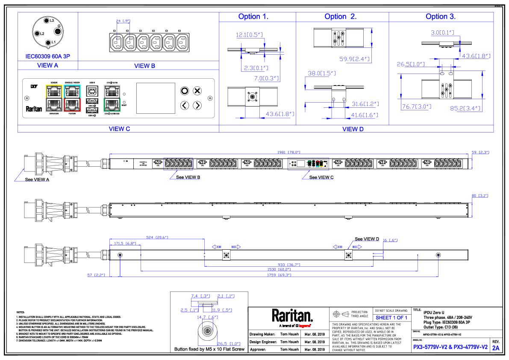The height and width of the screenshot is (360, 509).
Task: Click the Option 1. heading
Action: click(253, 17)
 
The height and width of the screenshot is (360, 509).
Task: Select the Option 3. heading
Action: click(441, 17)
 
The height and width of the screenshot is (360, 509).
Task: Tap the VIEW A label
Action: click(48, 65)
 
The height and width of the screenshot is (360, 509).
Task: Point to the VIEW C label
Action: click(117, 128)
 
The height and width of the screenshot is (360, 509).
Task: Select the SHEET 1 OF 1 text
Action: click(391, 318)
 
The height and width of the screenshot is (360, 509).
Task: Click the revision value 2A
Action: click(495, 348)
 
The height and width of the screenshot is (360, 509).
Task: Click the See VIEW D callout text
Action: click(367, 239)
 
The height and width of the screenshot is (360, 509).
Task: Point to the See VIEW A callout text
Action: click(38, 180)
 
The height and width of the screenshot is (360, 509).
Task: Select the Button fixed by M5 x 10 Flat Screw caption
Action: click(209, 349)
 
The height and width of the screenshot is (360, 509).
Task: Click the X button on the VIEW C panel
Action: click(197, 91)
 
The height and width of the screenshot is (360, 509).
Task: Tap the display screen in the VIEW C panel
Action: click(156, 98)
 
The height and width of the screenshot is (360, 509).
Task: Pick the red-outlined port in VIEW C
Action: click(71, 105)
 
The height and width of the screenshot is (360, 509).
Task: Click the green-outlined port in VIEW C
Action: click(112, 105)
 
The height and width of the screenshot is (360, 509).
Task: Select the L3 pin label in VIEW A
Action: click(52, 21)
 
